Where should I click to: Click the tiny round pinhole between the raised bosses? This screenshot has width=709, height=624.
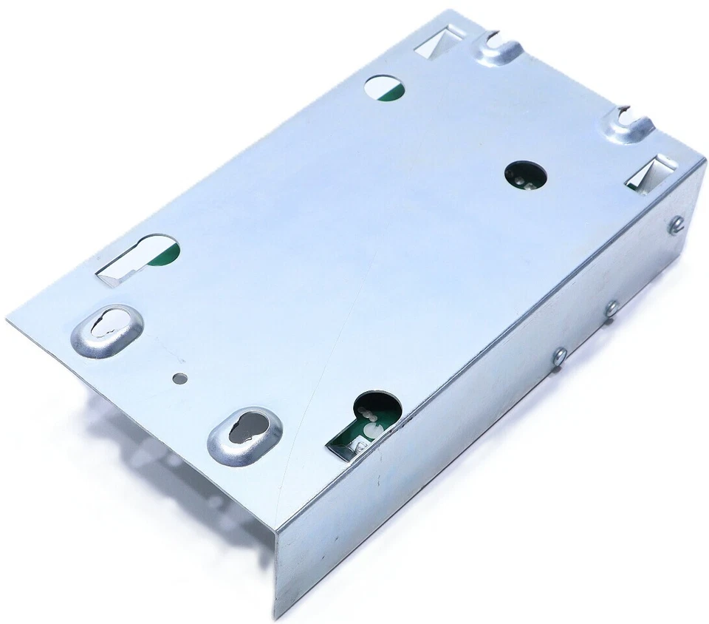[x=177, y=378]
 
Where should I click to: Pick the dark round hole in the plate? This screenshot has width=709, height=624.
[x=526, y=177]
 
